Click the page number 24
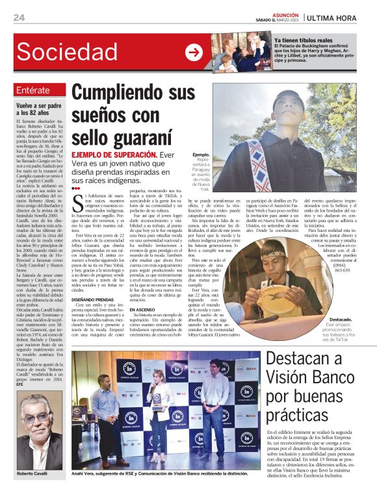(x=19, y=18)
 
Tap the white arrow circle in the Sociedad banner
(x=193, y=52)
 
